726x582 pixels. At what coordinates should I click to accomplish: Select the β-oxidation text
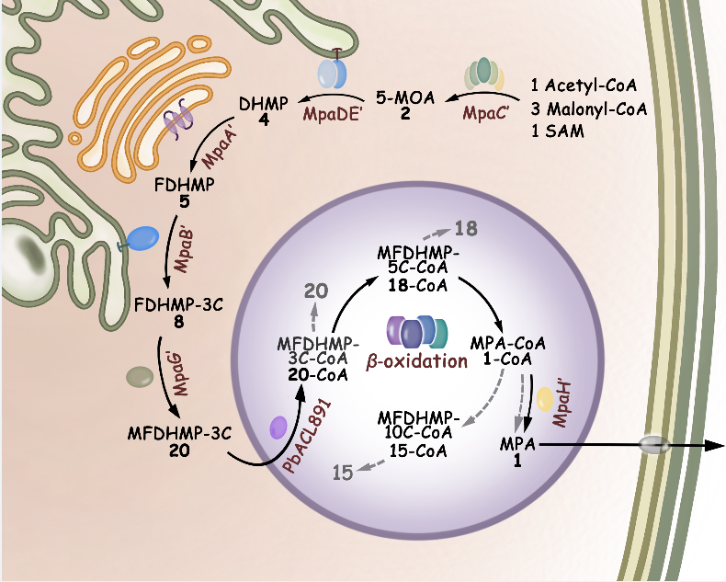click(416, 361)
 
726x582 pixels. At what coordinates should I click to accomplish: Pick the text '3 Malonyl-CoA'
click(589, 108)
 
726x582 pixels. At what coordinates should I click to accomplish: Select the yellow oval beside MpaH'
click(545, 399)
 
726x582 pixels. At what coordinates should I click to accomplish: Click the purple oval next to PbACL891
click(278, 427)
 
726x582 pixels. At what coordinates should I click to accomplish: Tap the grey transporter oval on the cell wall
click(654, 445)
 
